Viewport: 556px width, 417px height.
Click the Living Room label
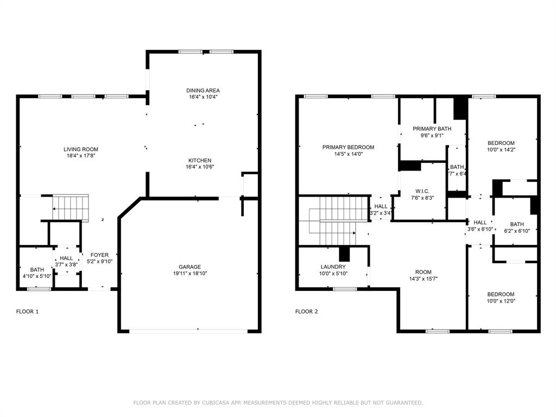pyautogui.click(x=81, y=149)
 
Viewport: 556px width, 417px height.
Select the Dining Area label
pyautogui.click(x=203, y=91)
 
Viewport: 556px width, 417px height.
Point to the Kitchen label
pyautogui.click(x=200, y=161)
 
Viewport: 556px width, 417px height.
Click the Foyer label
pyautogui.click(x=99, y=255)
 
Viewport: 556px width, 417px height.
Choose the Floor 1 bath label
pyautogui.click(x=37, y=270)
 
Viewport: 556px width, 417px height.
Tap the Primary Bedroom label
pyautogui.click(x=348, y=147)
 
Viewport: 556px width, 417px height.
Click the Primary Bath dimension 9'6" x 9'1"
pyautogui.click(x=432, y=136)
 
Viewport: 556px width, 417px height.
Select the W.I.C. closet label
pyautogui.click(x=422, y=191)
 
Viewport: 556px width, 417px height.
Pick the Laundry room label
pyautogui.click(x=333, y=267)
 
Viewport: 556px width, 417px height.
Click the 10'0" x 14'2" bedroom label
pyautogui.click(x=500, y=143)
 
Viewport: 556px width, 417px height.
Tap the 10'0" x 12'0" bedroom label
pyautogui.click(x=500, y=294)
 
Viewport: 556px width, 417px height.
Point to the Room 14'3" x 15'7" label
pyautogui.click(x=424, y=273)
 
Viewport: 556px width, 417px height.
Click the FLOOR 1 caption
pyautogui.click(x=27, y=312)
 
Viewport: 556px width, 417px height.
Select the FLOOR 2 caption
pyautogui.click(x=306, y=312)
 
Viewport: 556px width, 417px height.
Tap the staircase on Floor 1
pyautogui.click(x=70, y=206)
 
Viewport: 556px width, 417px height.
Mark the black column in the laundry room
pyautogui.click(x=343, y=254)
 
